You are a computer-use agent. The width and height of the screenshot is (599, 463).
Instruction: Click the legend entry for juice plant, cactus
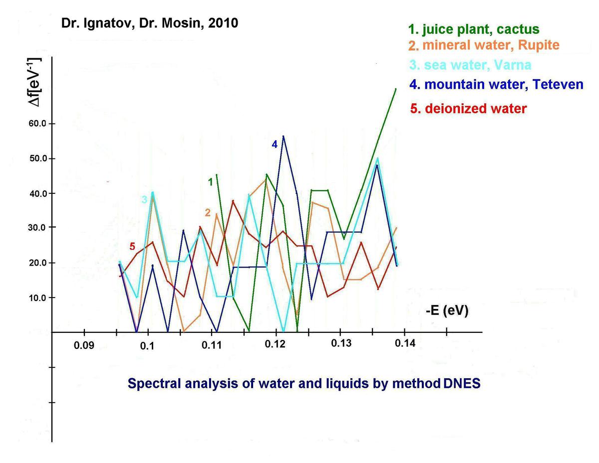pyautogui.click(x=473, y=29)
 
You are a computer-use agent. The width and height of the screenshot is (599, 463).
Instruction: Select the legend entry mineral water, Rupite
pyautogui.click(x=484, y=45)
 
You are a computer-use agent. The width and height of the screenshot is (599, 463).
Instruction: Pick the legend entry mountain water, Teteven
pyautogui.click(x=496, y=84)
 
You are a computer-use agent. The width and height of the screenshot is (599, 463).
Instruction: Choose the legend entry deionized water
pyautogui.click(x=468, y=108)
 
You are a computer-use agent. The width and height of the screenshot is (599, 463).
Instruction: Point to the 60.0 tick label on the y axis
pyautogui.click(x=37, y=124)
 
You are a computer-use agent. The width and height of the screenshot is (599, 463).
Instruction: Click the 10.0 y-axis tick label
pyautogui.click(x=37, y=298)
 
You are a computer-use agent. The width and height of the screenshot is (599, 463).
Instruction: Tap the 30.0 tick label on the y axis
pyautogui.click(x=37, y=228)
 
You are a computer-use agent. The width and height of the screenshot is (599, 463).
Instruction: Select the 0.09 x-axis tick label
pyautogui.click(x=84, y=345)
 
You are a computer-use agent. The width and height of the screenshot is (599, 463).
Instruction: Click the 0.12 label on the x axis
pyautogui.click(x=275, y=344)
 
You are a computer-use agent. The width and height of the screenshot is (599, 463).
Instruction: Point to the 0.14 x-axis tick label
pyautogui.click(x=405, y=343)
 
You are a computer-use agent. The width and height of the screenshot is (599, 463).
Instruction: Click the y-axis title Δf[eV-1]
pyautogui.click(x=35, y=82)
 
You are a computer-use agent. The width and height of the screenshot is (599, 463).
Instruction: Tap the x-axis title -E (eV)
pyautogui.click(x=447, y=311)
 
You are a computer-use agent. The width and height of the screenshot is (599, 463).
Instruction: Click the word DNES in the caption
pyautogui.click(x=461, y=383)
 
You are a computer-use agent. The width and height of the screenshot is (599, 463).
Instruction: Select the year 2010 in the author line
pyautogui.click(x=223, y=23)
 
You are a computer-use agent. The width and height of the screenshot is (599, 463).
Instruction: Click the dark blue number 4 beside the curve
pyautogui.click(x=275, y=144)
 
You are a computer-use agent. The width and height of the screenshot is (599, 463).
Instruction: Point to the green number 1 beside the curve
pyautogui.click(x=211, y=182)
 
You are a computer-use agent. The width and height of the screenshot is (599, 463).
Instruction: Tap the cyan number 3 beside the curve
pyautogui.click(x=144, y=199)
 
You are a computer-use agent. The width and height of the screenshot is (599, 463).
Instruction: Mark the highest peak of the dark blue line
pyautogui.click(x=283, y=136)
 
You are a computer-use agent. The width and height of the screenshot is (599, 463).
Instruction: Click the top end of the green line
pyautogui.click(x=396, y=89)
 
